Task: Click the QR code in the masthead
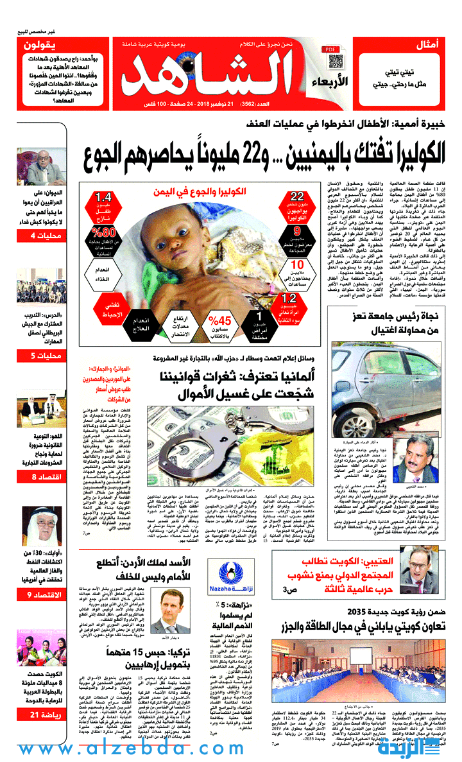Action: click(x=336, y=62)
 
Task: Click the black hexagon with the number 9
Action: click(x=297, y=232)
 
